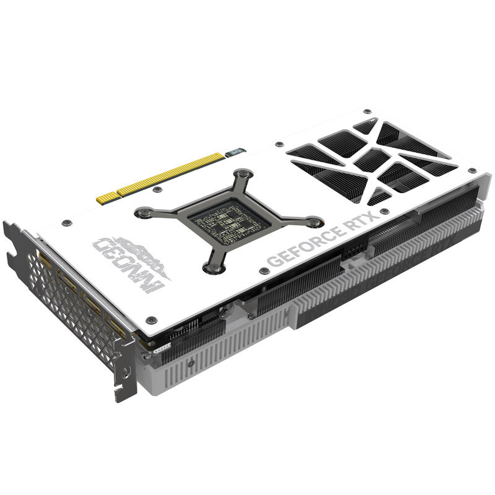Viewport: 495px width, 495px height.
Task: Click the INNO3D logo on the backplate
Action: (x=130, y=260)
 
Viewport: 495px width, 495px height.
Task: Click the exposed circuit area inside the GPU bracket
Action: (x=229, y=221)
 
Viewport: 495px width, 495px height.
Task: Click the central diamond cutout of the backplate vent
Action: (x=372, y=160)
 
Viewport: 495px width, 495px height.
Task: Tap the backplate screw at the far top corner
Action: (x=368, y=111)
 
